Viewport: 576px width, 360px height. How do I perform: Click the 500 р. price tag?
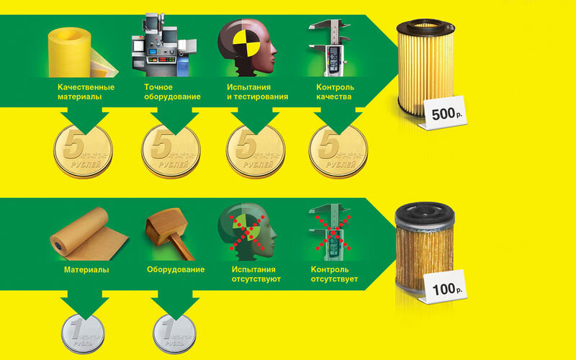pyautogui.click(x=444, y=113)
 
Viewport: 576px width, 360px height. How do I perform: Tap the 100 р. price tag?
pyautogui.click(x=444, y=287)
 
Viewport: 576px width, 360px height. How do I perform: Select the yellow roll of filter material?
pyautogui.click(x=79, y=53)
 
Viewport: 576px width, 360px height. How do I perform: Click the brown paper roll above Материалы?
pyautogui.click(x=88, y=235)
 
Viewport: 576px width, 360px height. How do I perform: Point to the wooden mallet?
pyautogui.click(x=170, y=233)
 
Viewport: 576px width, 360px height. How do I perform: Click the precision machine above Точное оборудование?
pyautogui.click(x=164, y=45)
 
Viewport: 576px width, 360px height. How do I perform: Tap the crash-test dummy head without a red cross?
pyautogui.click(x=247, y=48)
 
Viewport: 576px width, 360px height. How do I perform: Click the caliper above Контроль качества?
pyautogui.click(x=330, y=48)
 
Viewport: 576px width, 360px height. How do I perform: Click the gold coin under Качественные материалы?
pyautogui.click(x=83, y=151)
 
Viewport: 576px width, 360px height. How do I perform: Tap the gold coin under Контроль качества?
pyautogui.click(x=338, y=151)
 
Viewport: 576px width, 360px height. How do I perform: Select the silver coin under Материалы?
pyautogui.click(x=83, y=333)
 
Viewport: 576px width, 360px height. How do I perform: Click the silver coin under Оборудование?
pyautogui.click(x=174, y=333)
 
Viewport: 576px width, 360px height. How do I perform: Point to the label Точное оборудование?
pyautogui.click(x=172, y=92)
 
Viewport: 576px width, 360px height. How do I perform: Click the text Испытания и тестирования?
pyautogui.click(x=257, y=92)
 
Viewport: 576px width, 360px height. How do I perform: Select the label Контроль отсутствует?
pyautogui.click(x=334, y=274)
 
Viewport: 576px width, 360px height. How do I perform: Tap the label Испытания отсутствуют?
pyautogui.click(x=256, y=274)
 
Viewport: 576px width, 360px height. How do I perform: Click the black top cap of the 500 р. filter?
pyautogui.click(x=426, y=27)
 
